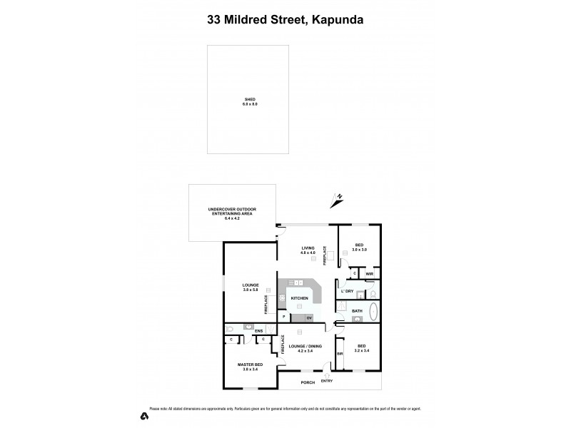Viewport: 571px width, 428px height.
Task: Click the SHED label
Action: coord(249,99)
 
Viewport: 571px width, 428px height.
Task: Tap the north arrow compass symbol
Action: coord(336,199)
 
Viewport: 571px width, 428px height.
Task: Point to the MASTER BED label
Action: coord(249,365)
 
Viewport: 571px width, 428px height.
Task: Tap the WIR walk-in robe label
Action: coord(369,272)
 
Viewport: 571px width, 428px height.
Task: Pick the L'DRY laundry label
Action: coord(348,291)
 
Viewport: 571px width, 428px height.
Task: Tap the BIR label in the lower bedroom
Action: coord(340,353)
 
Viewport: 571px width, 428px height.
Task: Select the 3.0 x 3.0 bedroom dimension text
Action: coord(359,250)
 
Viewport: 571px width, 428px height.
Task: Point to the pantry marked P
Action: coord(284,317)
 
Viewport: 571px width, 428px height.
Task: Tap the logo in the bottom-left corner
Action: coord(144,415)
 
